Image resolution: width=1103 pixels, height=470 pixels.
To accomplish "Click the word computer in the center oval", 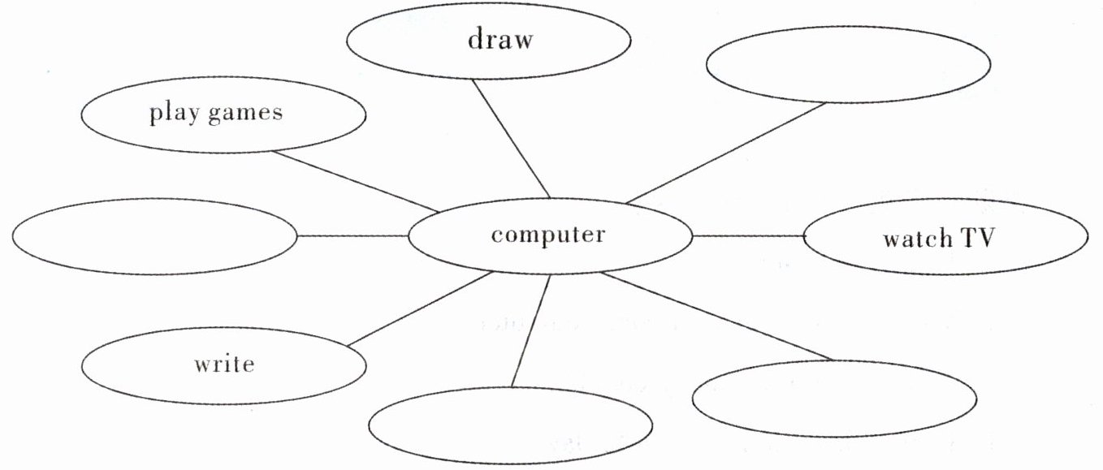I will click(x=548, y=235).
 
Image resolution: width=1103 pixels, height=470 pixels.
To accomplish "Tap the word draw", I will click(x=500, y=39).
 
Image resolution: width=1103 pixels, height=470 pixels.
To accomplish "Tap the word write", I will click(x=224, y=364).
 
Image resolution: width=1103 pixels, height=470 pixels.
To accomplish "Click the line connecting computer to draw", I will click(x=513, y=138).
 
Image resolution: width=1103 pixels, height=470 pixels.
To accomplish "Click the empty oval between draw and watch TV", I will click(x=848, y=65).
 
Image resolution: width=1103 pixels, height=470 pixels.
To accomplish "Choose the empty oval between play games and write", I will click(x=154, y=236).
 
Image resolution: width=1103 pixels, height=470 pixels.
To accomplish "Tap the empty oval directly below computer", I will click(x=510, y=425).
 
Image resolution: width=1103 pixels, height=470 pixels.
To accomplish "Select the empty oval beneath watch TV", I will click(x=835, y=399).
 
